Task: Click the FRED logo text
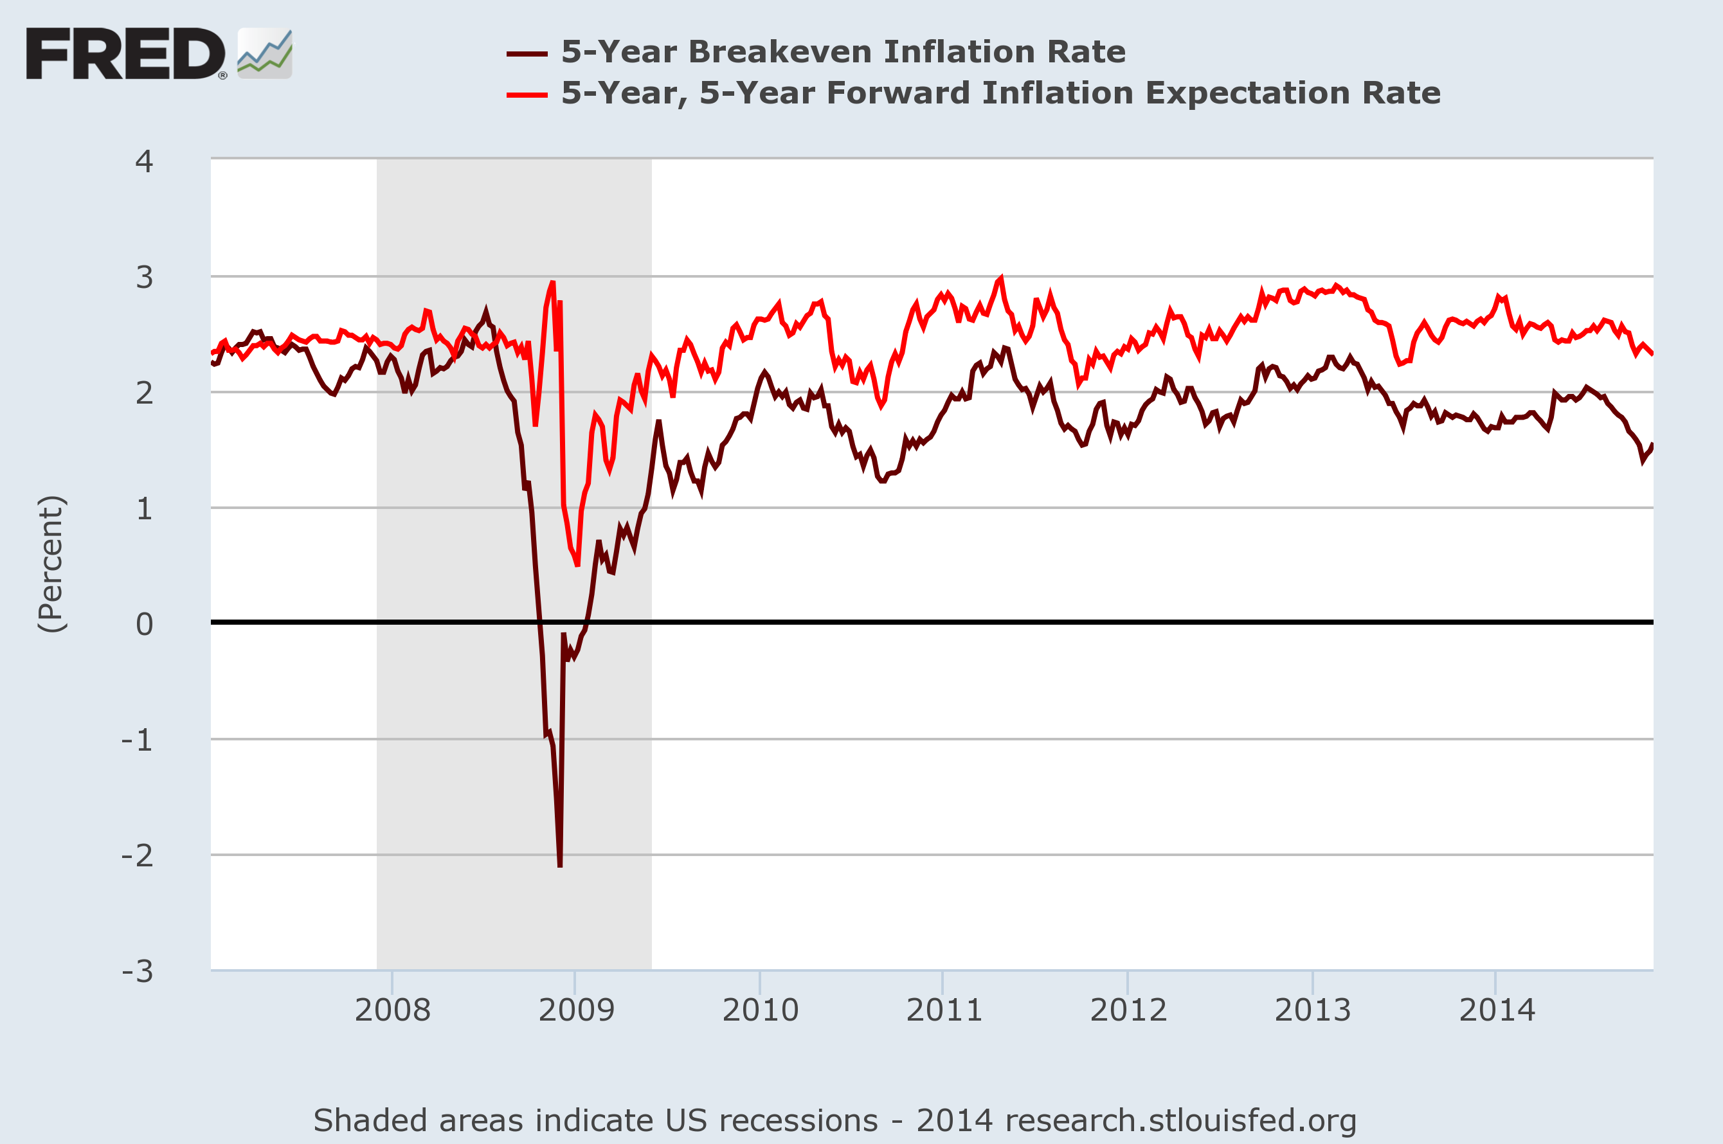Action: [x=125, y=54]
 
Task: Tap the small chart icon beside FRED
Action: [x=265, y=54]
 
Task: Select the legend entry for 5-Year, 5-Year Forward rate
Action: [x=1000, y=93]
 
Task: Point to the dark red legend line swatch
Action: [x=527, y=54]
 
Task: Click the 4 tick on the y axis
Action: [x=145, y=161]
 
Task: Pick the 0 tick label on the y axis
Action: [x=145, y=624]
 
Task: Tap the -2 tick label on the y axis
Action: [x=138, y=855]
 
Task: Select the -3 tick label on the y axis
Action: [x=138, y=971]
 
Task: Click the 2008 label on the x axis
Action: [x=393, y=1010]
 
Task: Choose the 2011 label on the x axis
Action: [x=944, y=1010]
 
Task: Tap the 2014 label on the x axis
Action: [x=1497, y=1010]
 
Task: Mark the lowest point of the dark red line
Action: [x=560, y=866]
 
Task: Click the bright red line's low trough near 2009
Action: [x=577, y=565]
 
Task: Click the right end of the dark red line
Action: [x=1652, y=445]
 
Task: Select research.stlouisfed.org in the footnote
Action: [x=1180, y=1120]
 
